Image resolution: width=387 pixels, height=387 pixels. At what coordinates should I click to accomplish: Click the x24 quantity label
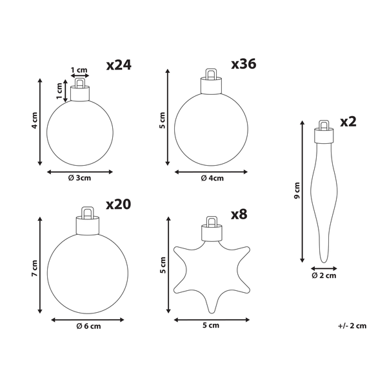coord(119,64)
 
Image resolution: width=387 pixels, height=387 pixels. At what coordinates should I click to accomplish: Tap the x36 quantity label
coord(244,64)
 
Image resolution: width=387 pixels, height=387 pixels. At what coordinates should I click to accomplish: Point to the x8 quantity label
coord(239,214)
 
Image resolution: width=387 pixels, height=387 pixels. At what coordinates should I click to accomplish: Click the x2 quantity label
coord(348,121)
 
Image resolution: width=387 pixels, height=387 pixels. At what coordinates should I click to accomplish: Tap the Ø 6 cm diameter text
coord(88,326)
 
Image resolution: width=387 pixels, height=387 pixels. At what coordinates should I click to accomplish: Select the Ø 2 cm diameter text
coord(324,276)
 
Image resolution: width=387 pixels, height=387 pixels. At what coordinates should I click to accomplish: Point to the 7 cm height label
coord(35,268)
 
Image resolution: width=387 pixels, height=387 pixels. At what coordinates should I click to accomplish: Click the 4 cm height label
coord(35,123)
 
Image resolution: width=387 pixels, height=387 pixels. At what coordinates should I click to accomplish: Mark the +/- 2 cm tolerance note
coord(353,326)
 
